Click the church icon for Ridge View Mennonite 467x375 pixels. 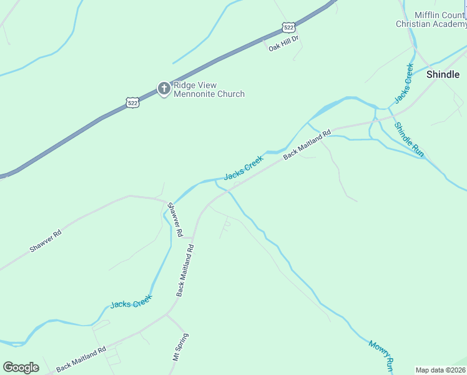click(x=164, y=88)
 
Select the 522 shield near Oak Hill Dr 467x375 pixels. click(x=288, y=27)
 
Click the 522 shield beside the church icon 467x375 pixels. click(x=132, y=102)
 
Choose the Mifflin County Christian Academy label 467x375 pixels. click(x=431, y=19)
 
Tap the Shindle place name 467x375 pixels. click(x=443, y=74)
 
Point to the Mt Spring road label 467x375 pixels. click(x=181, y=347)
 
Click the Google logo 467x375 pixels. click(x=21, y=367)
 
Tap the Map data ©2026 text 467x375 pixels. click(x=440, y=370)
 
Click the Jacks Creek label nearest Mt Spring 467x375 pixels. click(x=131, y=303)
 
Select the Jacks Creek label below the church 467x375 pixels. click(x=243, y=167)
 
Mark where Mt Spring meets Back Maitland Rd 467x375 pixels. click(x=167, y=314)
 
